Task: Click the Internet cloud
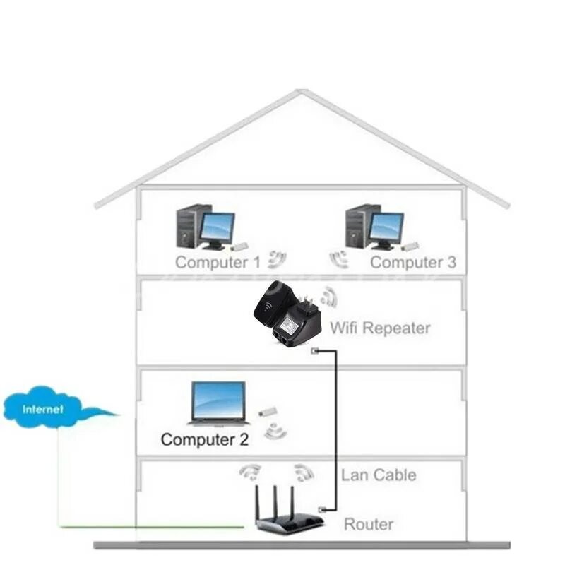coord(44,408)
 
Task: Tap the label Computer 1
coord(218,263)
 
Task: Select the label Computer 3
coord(413,263)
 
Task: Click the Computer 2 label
coord(205,439)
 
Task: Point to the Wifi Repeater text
coord(379,328)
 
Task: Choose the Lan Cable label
coord(379,475)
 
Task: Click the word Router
coord(368,524)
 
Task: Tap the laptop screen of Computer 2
coord(219,400)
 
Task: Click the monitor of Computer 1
coord(218,227)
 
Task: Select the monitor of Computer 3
coord(386,227)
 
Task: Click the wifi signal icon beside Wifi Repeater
coord(328,297)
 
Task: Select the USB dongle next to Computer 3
coord(410,246)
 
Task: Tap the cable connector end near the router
coord(321,509)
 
